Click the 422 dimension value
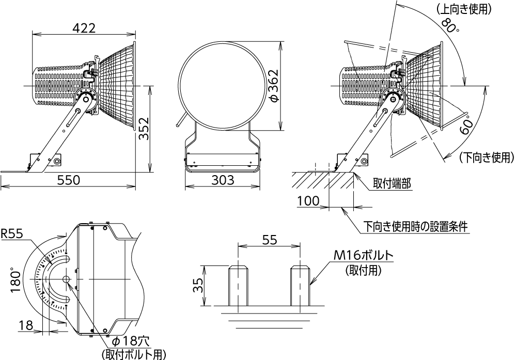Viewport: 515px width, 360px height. (84, 28)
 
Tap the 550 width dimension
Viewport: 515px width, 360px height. (69, 180)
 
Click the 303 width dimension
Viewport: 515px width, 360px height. (223, 180)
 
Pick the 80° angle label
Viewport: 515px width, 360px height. (449, 25)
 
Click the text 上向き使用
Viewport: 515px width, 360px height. (464, 9)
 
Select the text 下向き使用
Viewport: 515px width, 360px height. (487, 158)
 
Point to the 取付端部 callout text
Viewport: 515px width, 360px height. (392, 183)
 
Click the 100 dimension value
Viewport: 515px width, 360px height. (308, 200)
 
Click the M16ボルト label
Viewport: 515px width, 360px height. (363, 255)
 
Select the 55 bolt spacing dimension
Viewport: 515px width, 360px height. (270, 240)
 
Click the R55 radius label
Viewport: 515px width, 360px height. (12, 234)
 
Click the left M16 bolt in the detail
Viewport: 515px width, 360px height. (239, 286)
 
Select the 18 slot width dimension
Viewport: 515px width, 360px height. (26, 325)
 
